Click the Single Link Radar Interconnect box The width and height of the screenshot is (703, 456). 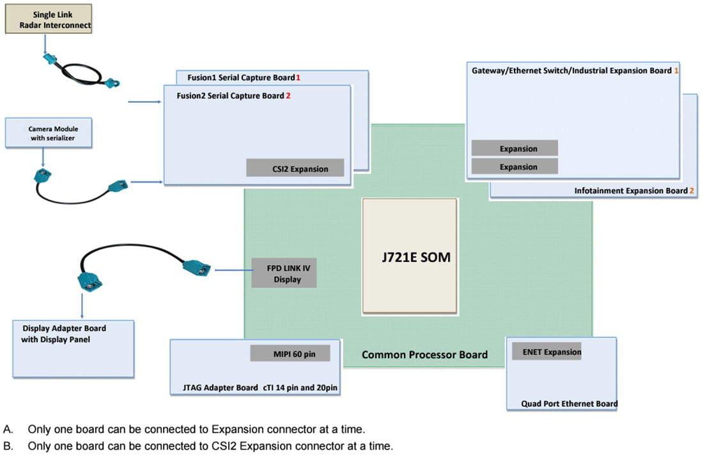click(x=49, y=19)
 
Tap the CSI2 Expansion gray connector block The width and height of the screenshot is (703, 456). click(x=295, y=169)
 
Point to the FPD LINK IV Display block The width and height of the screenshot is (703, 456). click(x=284, y=273)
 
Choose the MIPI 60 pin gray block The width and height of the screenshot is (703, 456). click(x=290, y=353)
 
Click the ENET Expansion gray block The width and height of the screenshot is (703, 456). click(x=546, y=351)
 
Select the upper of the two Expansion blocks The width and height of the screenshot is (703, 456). click(x=514, y=148)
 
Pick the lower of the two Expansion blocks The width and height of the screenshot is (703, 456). click(x=514, y=167)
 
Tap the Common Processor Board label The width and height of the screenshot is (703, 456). click(x=424, y=354)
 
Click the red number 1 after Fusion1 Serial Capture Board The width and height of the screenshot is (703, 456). click(x=298, y=77)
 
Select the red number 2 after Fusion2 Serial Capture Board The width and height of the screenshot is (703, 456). click(x=288, y=96)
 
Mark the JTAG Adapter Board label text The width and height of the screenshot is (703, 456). click(x=215, y=388)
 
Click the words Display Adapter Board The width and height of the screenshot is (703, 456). click(x=64, y=328)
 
